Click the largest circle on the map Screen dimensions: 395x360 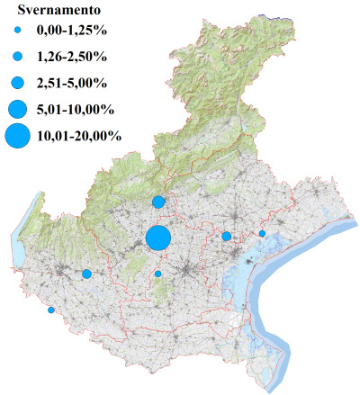click(x=158, y=238)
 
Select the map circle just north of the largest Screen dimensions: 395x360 click(x=158, y=202)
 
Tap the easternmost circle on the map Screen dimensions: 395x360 click(x=262, y=234)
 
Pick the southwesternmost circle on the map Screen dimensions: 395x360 click(x=51, y=310)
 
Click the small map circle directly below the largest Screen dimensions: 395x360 click(x=158, y=274)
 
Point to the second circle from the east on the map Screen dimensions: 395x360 click(x=227, y=236)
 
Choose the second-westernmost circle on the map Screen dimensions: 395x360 click(x=86, y=274)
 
